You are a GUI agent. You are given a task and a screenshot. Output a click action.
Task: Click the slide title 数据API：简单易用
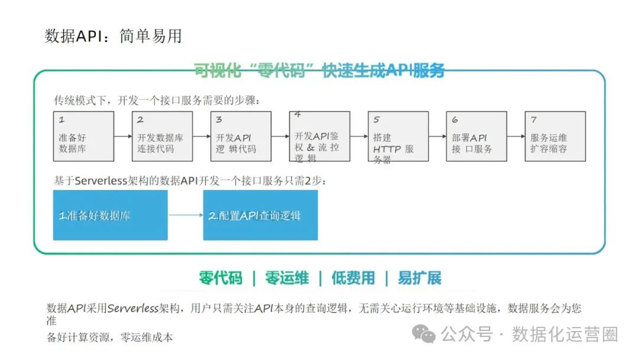point(113,36)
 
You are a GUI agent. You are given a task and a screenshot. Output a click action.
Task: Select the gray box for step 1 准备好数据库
point(83,136)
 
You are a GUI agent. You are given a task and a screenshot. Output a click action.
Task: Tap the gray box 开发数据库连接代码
point(162,136)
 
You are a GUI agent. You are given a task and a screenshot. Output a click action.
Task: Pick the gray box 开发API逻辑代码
point(241,136)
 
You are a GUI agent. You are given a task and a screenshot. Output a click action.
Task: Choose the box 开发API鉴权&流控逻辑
point(319,136)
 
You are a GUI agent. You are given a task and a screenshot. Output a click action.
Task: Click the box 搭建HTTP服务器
point(398,136)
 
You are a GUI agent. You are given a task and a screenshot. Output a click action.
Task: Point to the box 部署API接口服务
point(476,136)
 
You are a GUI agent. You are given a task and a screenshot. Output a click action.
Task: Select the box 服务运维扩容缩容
point(555,136)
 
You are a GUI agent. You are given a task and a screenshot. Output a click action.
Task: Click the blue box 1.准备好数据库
point(110,215)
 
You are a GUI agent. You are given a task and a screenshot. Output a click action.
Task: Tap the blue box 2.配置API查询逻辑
point(260,215)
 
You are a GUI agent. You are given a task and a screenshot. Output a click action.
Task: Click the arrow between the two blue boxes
point(185,215)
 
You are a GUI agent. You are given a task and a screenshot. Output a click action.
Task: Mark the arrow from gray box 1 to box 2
point(123,136)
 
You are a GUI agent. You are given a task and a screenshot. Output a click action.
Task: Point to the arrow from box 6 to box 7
point(516,136)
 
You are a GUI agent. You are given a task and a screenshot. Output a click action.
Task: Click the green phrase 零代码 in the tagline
point(221,278)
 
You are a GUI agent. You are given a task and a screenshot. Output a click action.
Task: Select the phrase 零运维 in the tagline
point(287,278)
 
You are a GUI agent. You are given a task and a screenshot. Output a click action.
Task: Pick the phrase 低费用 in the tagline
point(353,278)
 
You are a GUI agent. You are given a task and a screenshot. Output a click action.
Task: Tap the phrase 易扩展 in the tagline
point(419,278)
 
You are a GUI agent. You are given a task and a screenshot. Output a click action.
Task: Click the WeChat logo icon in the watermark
point(424,334)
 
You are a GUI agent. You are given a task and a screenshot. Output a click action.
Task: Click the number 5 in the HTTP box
point(376,120)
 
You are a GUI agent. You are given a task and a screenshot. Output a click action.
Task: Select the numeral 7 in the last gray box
point(534,120)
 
